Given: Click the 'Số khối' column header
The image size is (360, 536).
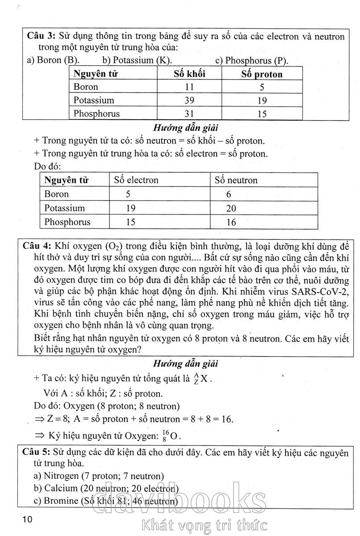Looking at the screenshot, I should [x=189, y=74].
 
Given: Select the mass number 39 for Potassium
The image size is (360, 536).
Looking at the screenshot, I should [x=189, y=100].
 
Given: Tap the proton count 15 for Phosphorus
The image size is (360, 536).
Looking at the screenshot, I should [x=262, y=114].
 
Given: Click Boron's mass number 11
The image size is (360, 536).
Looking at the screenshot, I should [x=189, y=87].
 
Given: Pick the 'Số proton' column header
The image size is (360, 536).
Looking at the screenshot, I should [x=262, y=74].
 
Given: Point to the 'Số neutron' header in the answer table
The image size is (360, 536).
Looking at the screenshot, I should [x=236, y=180].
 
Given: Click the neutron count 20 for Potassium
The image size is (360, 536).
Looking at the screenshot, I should [x=231, y=208].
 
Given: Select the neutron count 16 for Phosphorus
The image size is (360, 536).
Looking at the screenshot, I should [x=231, y=222].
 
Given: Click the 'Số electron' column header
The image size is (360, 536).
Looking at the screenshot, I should [x=136, y=180].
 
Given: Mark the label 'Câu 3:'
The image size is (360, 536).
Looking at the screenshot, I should [x=41, y=36].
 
